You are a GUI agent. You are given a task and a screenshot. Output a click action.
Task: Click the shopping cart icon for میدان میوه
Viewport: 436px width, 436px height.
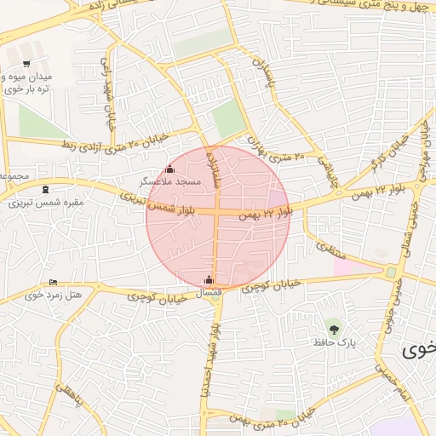tap(26, 64)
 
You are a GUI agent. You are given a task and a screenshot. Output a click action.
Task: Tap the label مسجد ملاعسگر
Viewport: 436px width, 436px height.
tap(171, 181)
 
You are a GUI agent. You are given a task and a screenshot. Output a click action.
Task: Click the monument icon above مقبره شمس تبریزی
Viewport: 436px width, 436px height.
tap(44, 189)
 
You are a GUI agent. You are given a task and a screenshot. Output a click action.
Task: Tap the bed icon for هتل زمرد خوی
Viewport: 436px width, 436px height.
tap(54, 282)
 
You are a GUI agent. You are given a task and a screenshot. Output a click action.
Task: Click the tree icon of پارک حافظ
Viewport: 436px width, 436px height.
tap(333, 328)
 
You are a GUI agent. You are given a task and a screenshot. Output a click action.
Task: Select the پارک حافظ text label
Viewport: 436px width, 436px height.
tap(338, 341)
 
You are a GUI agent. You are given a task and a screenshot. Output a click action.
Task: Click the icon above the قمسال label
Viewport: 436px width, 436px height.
tap(209, 279)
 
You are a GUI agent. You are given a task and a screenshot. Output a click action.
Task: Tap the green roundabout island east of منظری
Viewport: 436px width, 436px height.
tap(391, 272)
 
